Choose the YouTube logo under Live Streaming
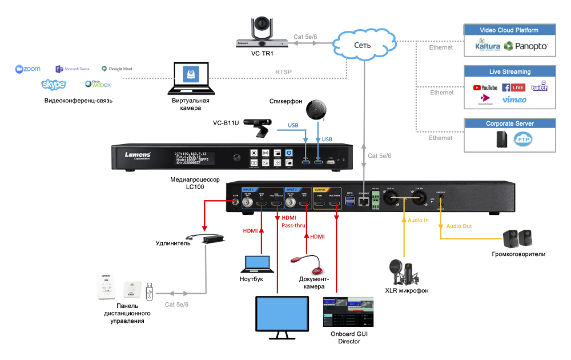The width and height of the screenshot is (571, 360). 485,87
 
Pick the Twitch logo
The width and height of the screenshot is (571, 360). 540,87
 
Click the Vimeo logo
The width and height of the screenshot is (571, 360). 514,100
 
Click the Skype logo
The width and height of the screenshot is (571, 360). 54,85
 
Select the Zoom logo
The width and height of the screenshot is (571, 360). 28,69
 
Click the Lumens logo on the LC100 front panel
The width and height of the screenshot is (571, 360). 138,155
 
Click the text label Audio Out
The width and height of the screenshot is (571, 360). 459,226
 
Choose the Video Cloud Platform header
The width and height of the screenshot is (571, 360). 509,30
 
